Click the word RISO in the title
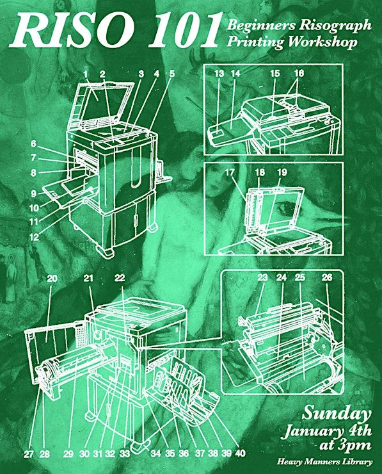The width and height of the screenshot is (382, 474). pos(72,30)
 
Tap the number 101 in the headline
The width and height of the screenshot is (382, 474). pos(183,30)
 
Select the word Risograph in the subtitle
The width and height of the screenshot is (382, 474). pos(335,26)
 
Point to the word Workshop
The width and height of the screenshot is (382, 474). pos(322,42)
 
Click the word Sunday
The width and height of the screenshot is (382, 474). pos(337,413)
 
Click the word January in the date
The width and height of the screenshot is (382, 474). pos(312,430)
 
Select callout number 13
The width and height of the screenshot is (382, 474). pos(219,74)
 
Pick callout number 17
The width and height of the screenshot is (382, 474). pos(230,172)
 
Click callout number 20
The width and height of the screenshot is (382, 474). pos(52,278)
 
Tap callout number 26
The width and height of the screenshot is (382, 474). pos(327,277)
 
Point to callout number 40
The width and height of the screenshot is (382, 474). pos(240,453)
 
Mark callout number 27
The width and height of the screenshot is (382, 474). pos(28,454)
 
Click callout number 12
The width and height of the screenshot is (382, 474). pos(34,237)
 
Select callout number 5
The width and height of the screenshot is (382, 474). pos(172,73)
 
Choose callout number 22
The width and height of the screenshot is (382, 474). pos(120,277)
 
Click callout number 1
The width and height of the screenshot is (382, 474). pos(86,74)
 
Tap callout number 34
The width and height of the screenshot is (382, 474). pos(156,454)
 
